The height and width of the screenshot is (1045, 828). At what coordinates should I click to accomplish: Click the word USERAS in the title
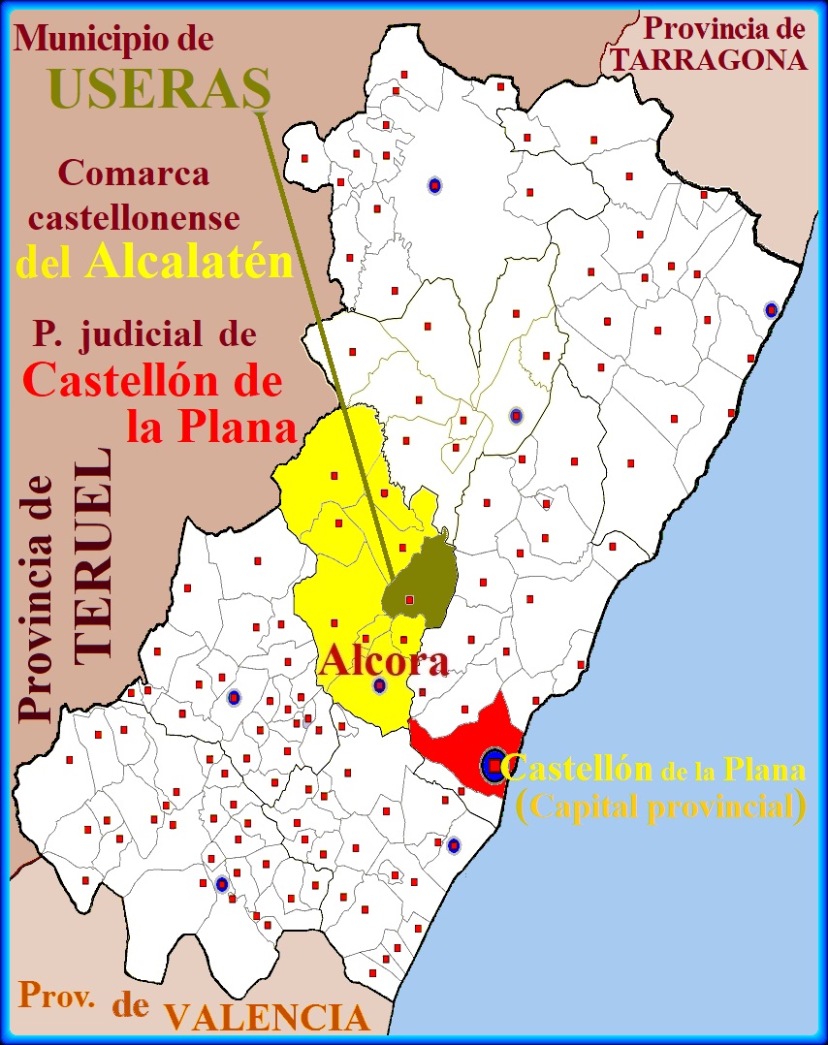tap(159, 89)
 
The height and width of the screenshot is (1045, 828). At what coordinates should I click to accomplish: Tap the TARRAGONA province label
tap(709, 60)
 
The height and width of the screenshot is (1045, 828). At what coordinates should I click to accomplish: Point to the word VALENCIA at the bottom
tap(267, 1018)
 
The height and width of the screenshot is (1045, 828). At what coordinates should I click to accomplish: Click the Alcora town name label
tap(384, 661)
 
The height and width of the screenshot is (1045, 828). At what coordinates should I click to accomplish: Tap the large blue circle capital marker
tap(494, 767)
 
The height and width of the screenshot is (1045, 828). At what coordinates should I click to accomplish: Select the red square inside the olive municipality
tap(409, 600)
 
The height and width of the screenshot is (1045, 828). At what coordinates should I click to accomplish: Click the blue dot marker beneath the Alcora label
tap(379, 685)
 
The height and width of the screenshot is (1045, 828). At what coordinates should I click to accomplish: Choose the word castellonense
tap(134, 218)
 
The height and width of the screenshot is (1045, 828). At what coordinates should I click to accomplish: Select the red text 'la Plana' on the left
tap(209, 427)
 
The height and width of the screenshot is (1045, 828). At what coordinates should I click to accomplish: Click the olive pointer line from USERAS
tap(325, 339)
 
